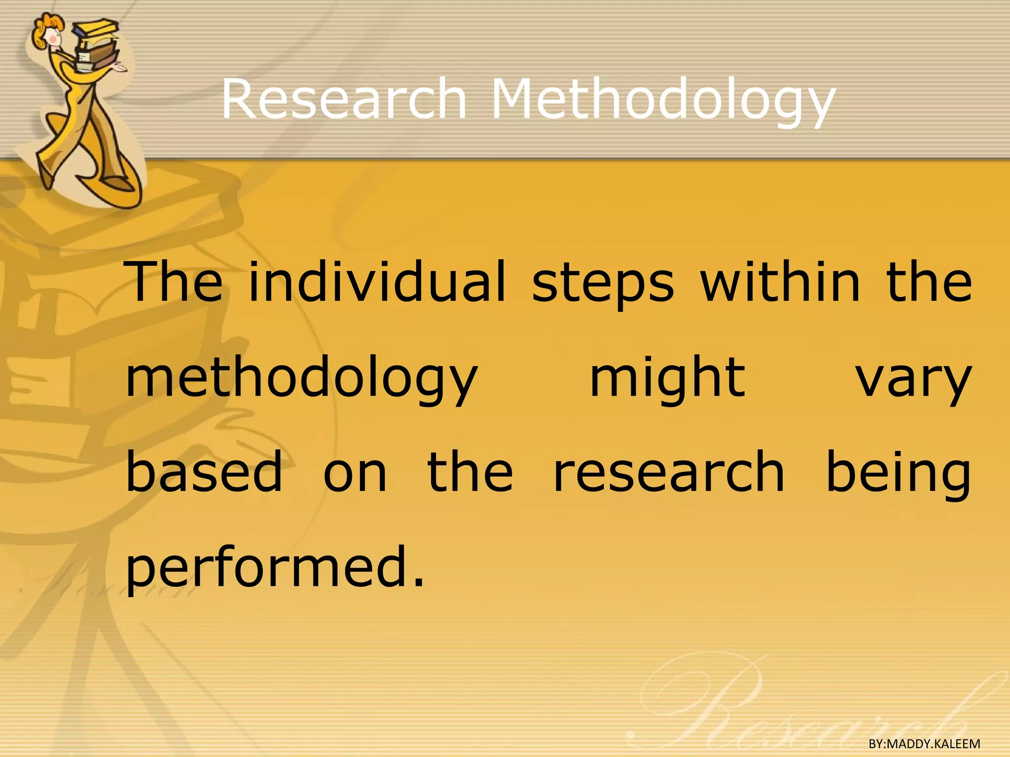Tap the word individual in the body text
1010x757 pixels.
[x=377, y=283]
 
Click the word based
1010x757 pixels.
[x=204, y=472]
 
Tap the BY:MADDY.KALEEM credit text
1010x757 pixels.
[x=924, y=744]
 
